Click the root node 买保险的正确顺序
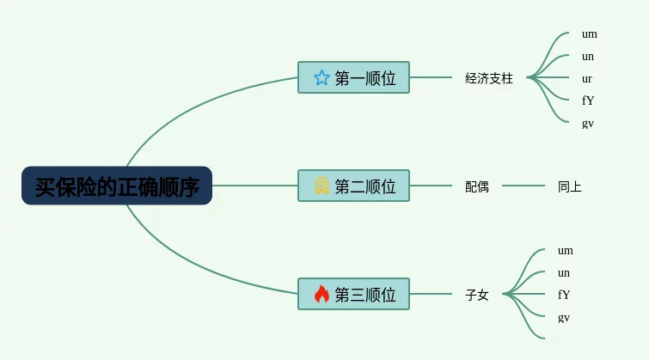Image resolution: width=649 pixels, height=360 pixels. tap(117, 186)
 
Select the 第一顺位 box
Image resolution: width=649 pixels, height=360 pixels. tap(353, 77)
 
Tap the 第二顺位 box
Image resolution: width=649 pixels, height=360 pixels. tap(353, 186)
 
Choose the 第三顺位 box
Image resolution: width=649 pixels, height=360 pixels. tap(353, 294)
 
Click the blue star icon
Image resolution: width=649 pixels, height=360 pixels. tap(321, 77)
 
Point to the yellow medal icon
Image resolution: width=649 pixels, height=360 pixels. tap(321, 186)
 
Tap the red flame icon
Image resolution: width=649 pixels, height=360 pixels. tap(321, 294)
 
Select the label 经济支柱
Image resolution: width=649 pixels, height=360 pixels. tap(489, 78)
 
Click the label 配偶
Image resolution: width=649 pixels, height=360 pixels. tap(477, 186)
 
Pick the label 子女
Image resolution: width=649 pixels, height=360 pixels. tap(477, 295)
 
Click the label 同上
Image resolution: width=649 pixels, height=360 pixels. tap(570, 186)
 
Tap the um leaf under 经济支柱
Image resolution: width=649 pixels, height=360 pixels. tap(590, 34)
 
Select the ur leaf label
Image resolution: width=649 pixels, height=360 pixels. tap(587, 79)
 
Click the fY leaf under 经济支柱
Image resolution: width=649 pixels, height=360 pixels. tap(588, 101)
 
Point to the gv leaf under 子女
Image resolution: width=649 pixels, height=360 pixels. tap(564, 318)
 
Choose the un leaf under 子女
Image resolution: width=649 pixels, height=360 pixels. tap(564, 273)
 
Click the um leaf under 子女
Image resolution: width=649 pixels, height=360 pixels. tap(566, 251)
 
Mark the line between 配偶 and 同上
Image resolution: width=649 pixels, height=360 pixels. tap(523, 186)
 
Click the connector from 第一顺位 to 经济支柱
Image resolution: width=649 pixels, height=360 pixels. tap(431, 77)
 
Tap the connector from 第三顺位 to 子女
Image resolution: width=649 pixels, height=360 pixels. tap(431, 294)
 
